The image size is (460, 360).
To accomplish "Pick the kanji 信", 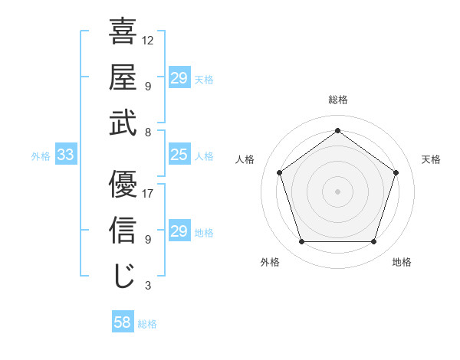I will (x=123, y=230).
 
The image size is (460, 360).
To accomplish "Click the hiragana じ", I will (x=123, y=275).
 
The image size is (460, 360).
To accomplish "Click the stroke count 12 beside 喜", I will (x=148, y=41).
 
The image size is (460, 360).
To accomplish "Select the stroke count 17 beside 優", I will (x=148, y=194).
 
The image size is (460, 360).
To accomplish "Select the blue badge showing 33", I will (x=66, y=155).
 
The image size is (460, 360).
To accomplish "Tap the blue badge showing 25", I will (x=179, y=155).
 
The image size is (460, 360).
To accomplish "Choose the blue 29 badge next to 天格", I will (x=179, y=78).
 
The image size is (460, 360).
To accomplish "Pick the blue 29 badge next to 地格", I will (x=179, y=231).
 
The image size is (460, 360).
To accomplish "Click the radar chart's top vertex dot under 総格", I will (x=337, y=130).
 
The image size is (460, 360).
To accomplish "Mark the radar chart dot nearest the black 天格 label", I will (x=396, y=172).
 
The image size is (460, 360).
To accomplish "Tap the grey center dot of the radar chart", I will (x=337, y=191).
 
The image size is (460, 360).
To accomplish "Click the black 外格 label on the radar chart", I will (x=270, y=263).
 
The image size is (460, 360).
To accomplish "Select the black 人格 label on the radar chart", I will (x=245, y=159).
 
